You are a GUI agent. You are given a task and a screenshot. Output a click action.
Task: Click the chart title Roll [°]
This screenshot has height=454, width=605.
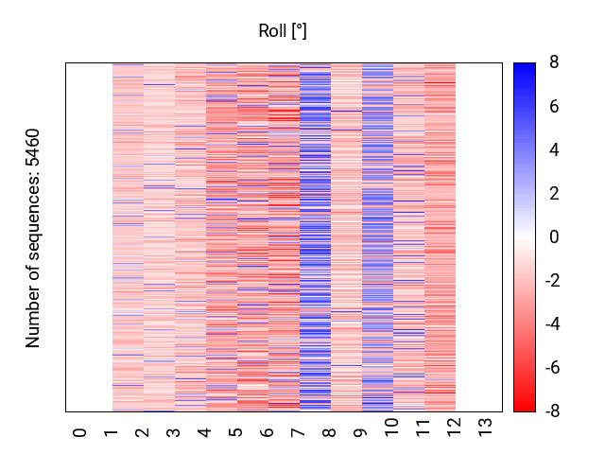coord(283,31)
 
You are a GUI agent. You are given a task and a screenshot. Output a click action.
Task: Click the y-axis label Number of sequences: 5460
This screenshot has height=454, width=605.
coord(34,238)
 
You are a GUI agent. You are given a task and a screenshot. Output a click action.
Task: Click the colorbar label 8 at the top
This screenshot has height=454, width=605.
coord(554,63)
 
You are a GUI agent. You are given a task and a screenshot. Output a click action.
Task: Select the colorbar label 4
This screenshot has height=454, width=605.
coord(554,150)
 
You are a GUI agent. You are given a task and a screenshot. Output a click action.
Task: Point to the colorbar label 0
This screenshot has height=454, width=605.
coord(554,237)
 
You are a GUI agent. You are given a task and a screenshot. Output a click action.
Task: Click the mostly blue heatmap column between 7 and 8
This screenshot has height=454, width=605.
coord(315,236)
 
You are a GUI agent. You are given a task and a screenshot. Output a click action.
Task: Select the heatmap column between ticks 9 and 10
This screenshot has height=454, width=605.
coord(377,236)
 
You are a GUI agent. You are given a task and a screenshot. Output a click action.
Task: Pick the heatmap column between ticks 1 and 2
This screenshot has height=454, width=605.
coord(128,236)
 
